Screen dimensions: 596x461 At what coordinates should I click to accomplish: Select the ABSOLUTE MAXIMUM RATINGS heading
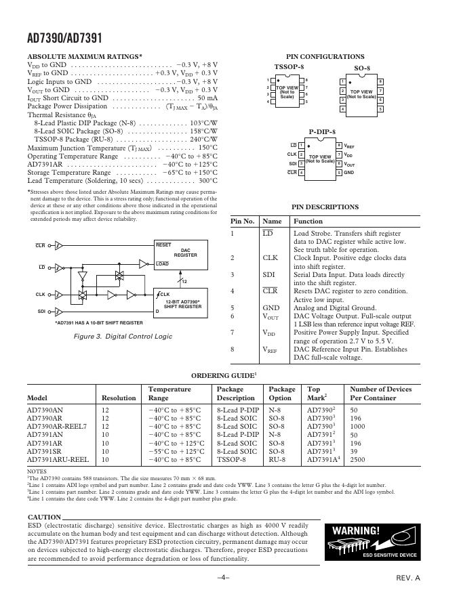point(84,57)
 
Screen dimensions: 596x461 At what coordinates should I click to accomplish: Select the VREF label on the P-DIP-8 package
point(349,146)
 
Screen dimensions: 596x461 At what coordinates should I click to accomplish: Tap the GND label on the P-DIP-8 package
point(348,173)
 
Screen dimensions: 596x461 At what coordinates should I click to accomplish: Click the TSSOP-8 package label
point(289,68)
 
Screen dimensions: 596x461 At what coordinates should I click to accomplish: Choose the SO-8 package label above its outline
point(362,68)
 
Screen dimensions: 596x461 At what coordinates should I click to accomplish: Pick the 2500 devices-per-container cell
point(359,459)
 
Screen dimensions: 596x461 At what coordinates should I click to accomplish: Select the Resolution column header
point(119,398)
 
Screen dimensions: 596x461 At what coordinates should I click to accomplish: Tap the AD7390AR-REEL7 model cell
point(57,427)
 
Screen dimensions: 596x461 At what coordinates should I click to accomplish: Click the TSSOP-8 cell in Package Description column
point(231,459)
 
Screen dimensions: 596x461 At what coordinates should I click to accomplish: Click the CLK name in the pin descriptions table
point(270,258)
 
